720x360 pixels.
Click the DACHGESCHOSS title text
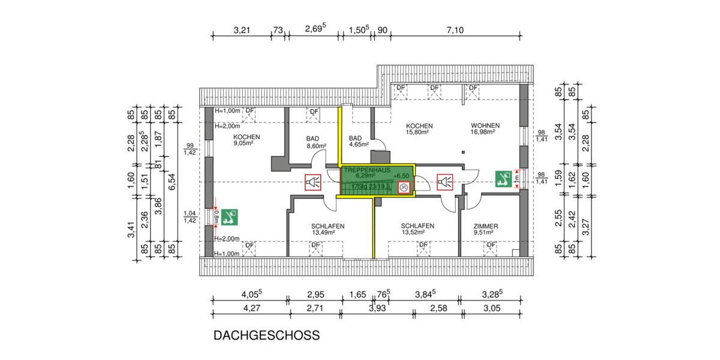coord(266,335)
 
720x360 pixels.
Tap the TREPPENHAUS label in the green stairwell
coord(367,170)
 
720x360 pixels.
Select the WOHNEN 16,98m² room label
coord(485,129)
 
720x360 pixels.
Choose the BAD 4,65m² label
coord(359,142)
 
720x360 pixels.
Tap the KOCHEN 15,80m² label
coord(419,129)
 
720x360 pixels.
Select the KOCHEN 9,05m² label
coord(247,140)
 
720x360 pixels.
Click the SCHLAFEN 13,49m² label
coord(328,229)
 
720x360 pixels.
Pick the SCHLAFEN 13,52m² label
coord(417,229)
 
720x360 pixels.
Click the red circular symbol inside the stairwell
coord(404,187)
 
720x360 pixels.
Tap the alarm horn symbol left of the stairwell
coord(313,182)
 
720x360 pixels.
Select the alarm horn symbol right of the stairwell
coord(445,182)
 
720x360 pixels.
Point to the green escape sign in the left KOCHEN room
coord(229,217)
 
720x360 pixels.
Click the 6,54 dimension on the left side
coord(172,178)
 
